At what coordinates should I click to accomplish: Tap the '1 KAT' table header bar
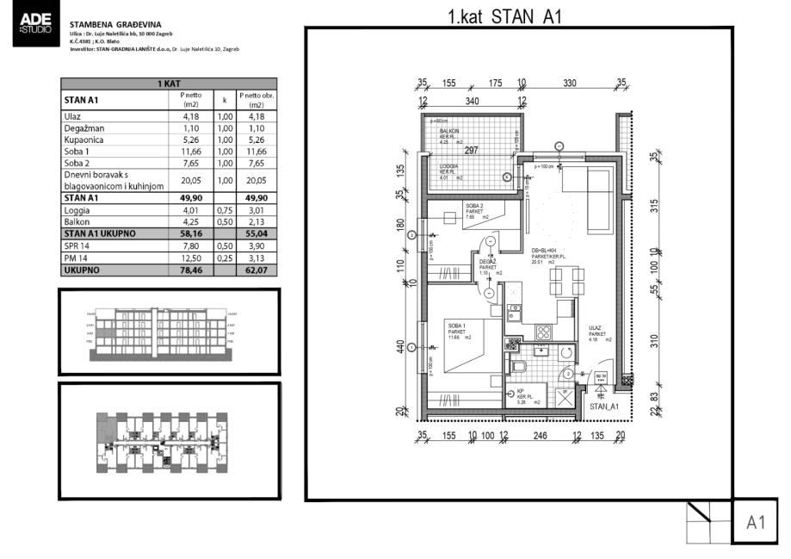[x=168, y=84]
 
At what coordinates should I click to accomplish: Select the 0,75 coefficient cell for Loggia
[x=225, y=208]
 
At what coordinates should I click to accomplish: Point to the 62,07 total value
[x=256, y=270]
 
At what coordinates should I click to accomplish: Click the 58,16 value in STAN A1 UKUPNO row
[x=191, y=233]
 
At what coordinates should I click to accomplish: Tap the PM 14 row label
[x=76, y=258]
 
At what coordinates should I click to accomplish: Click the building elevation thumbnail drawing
[x=168, y=331]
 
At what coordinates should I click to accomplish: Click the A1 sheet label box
[x=756, y=522]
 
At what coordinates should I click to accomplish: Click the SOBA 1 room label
[x=457, y=323]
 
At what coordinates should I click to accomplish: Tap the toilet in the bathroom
[x=519, y=369]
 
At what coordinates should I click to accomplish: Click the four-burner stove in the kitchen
[x=543, y=331]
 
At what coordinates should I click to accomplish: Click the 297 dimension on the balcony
[x=472, y=150]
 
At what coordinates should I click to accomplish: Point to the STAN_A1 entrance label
[x=605, y=404]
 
